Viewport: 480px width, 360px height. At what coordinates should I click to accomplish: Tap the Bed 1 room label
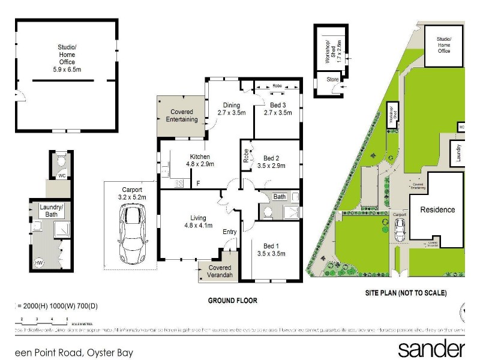[x=271, y=246]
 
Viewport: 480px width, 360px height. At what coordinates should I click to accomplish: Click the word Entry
[x=229, y=232]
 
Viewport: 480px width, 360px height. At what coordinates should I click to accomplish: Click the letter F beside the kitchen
[x=198, y=183]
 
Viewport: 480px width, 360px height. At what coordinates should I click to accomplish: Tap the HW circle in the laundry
[x=39, y=263]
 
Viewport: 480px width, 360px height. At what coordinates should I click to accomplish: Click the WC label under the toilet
[x=61, y=176]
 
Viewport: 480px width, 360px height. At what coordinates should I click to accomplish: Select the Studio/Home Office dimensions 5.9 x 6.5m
[x=67, y=70]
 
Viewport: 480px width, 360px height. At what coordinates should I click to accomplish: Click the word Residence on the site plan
[x=437, y=210]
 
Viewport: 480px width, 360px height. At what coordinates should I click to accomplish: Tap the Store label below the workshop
[x=332, y=78]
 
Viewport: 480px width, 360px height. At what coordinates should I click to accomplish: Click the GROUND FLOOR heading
[x=232, y=300]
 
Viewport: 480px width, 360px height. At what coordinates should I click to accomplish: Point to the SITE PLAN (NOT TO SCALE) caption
[x=406, y=293]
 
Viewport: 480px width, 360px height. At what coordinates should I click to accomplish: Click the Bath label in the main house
[x=280, y=196]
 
